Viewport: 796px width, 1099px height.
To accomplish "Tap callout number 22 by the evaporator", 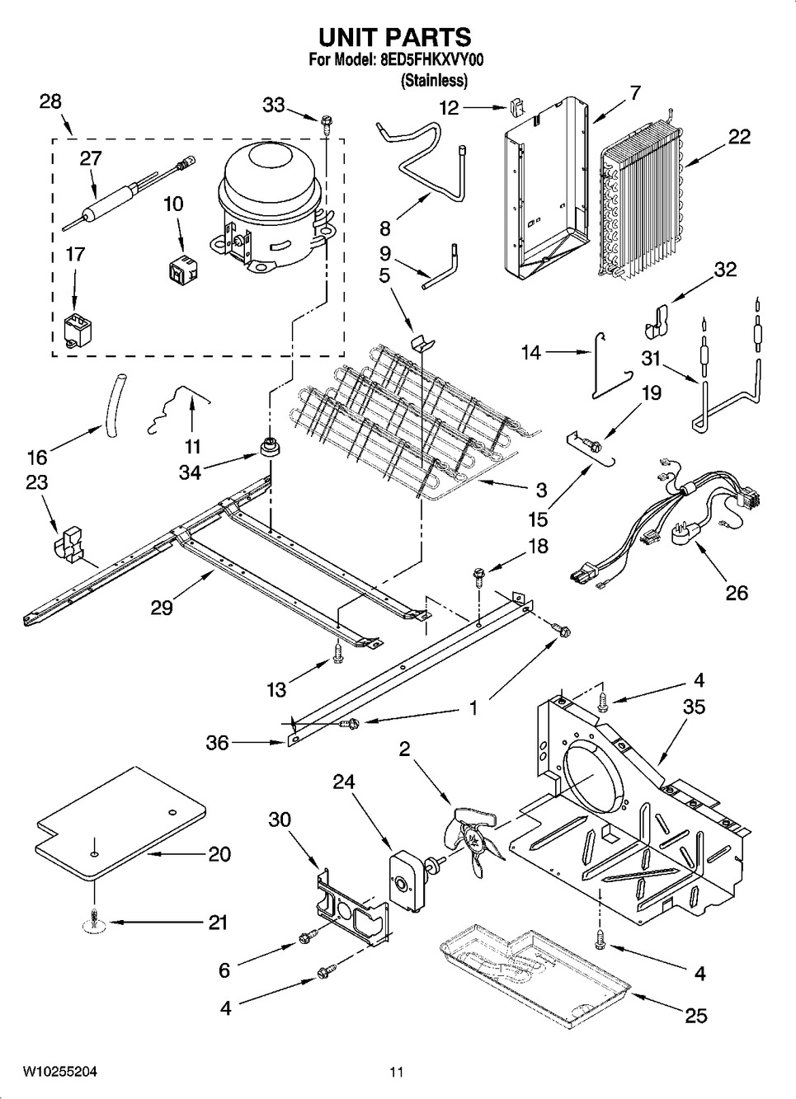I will coord(739,137).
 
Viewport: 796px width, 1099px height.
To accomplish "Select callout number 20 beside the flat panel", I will coord(219,854).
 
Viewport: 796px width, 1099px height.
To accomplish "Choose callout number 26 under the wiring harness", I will coord(736,592).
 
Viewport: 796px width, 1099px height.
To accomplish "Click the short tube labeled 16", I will coord(113,402).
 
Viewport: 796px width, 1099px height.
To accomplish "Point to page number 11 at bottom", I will coord(397,1073).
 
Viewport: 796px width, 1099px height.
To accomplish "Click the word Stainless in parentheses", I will coord(435,81).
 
